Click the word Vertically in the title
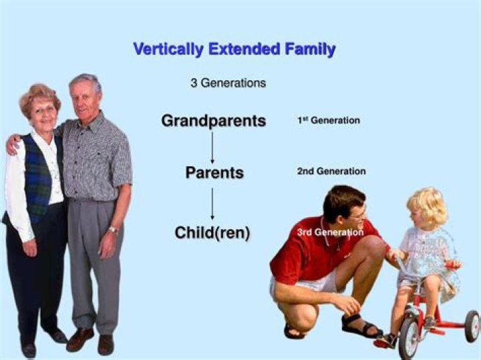point(168,49)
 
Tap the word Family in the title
point(310,49)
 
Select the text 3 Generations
point(228,83)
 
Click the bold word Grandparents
point(214,120)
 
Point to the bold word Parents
point(214,172)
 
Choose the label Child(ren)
point(212,232)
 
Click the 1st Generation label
point(329,120)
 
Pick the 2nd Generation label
point(331,171)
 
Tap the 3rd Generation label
point(330,232)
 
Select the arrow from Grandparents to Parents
point(212,148)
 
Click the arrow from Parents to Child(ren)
point(212,204)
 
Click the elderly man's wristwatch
point(113,230)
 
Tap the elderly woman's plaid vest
point(38,178)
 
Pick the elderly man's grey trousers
point(94,264)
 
